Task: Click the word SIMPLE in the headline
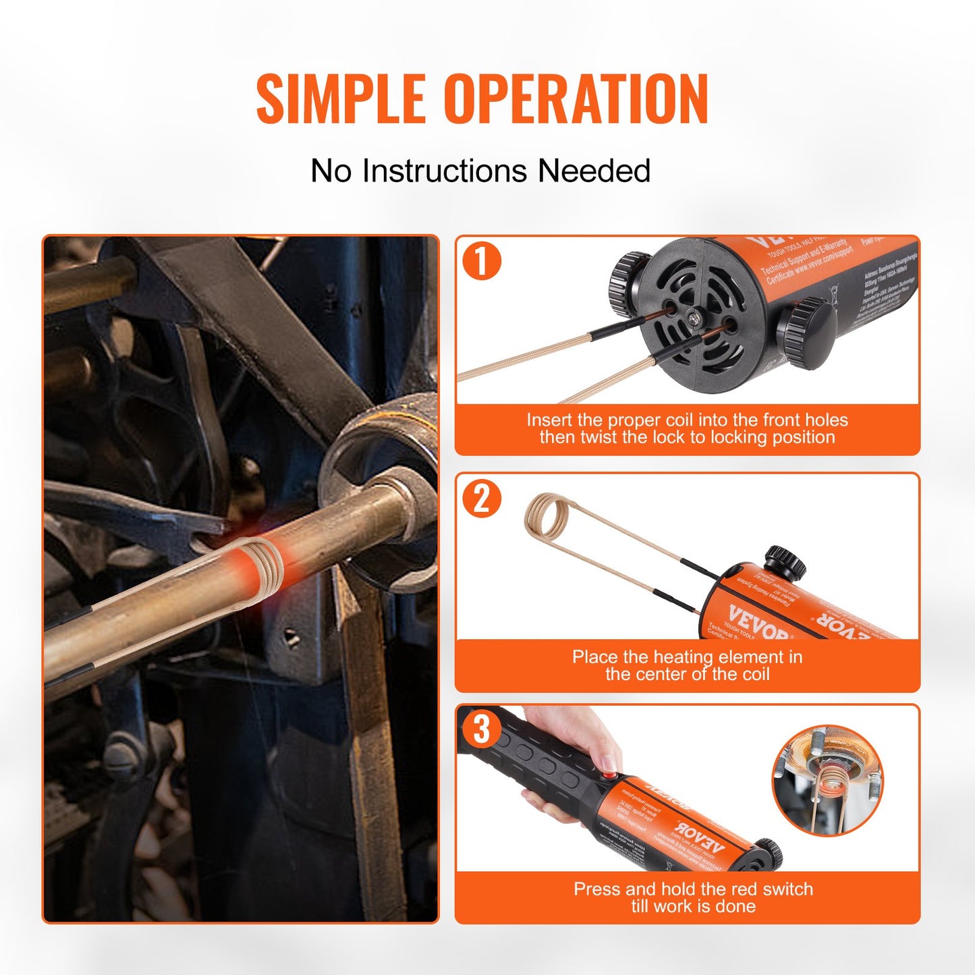(341, 99)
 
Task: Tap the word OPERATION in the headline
(576, 99)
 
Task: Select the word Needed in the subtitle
(594, 171)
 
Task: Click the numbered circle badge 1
(482, 260)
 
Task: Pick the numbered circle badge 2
(482, 499)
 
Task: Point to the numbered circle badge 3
(481, 729)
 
